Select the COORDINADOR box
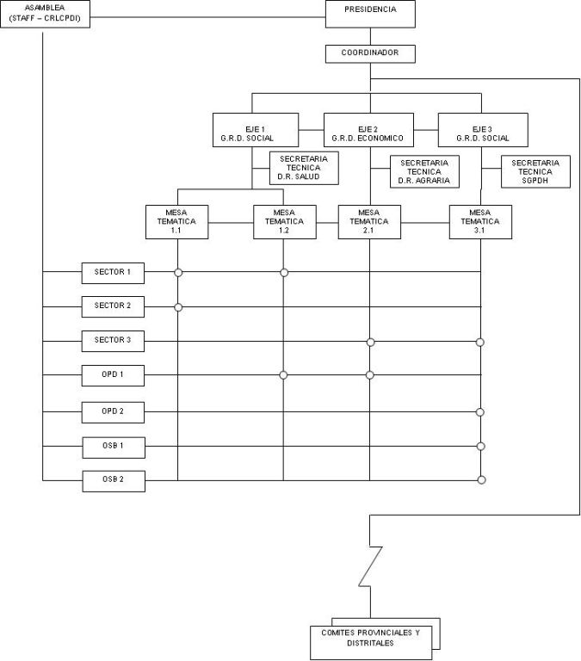[370, 53]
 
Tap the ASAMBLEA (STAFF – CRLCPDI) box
[46, 15]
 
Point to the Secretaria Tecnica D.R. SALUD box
[305, 169]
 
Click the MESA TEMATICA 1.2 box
[284, 220]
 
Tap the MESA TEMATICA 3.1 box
[480, 220]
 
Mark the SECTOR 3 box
[113, 341]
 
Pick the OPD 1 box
[113, 376]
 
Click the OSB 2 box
[113, 479]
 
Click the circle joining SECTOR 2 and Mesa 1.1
[178, 307]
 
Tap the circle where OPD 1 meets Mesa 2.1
[370, 375]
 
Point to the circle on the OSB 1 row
[480, 446]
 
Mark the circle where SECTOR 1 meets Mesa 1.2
[284, 273]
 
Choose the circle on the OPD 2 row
[480, 412]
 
